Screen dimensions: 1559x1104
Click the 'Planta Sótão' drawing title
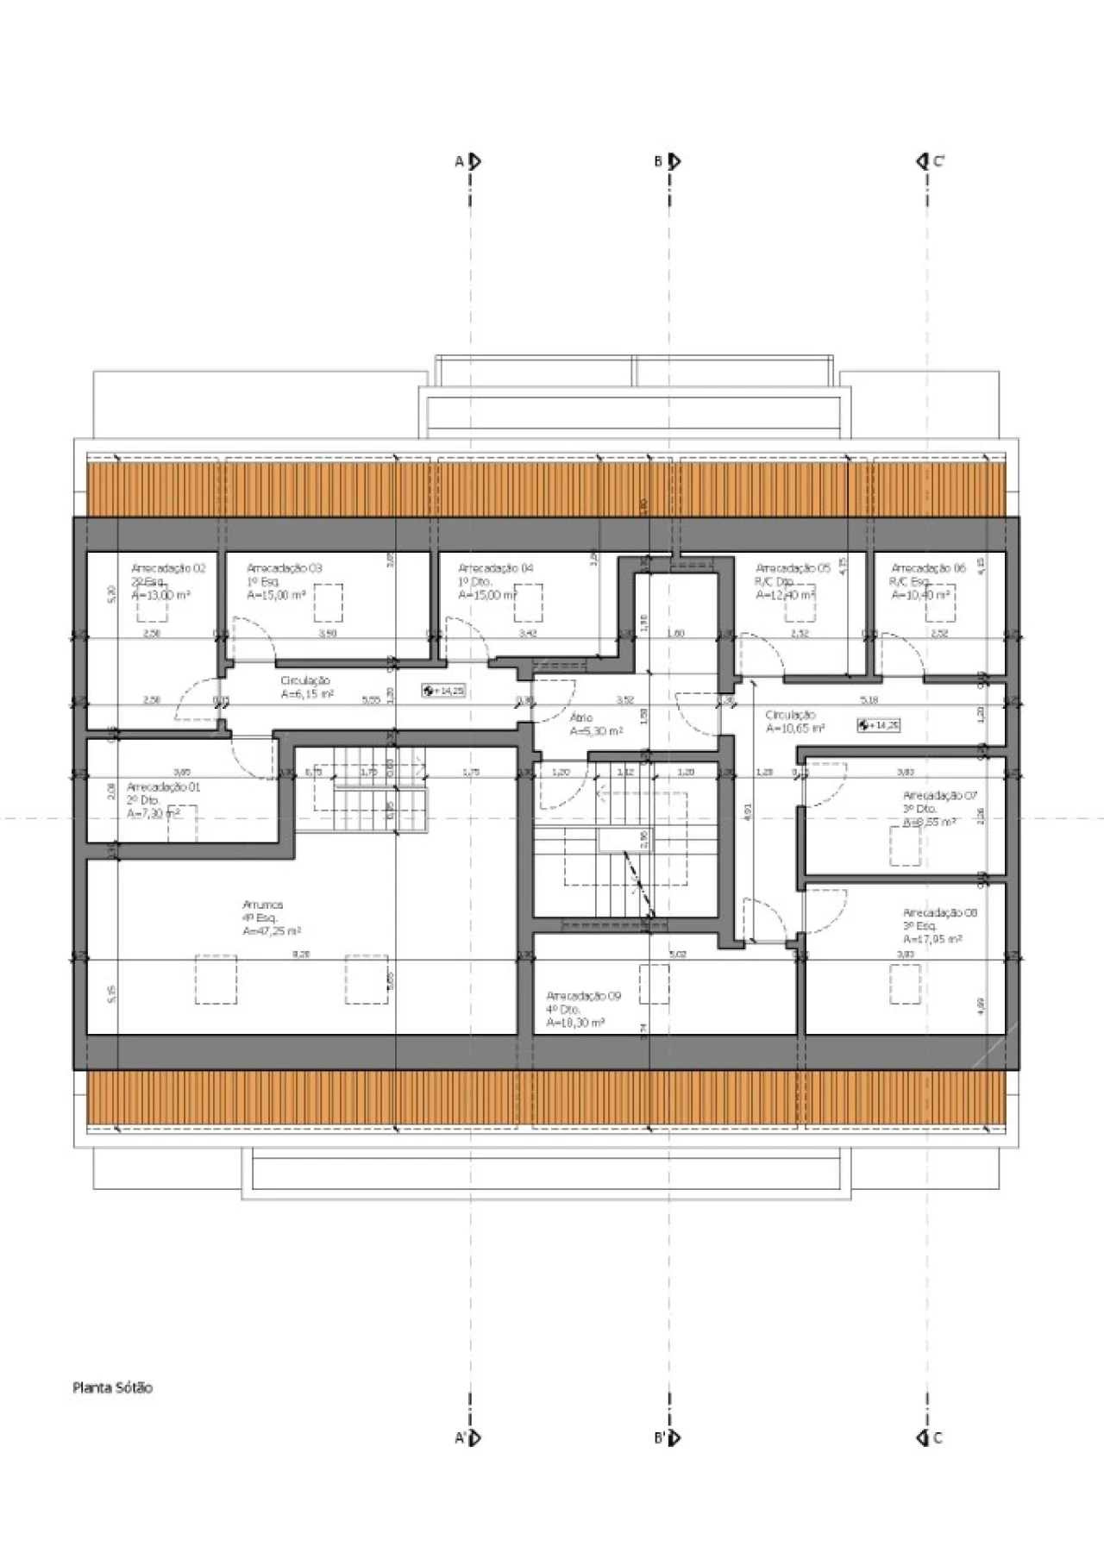coord(112,1387)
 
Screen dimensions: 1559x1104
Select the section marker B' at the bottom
coord(668,1437)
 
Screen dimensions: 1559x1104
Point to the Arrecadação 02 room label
coord(168,568)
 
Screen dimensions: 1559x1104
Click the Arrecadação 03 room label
coord(284,568)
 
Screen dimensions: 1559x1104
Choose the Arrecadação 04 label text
coord(495,568)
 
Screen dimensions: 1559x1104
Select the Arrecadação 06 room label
coord(928,568)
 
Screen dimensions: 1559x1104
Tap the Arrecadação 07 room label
coord(939,795)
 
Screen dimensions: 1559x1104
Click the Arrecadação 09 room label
coord(583,996)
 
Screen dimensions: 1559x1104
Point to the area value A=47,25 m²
coord(272,931)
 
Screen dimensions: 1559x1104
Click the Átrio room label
coord(581,717)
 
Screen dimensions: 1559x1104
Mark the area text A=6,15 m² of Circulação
coord(307,693)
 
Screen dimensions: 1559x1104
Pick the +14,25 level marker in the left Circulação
coord(443,691)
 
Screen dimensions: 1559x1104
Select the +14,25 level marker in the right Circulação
coord(878,725)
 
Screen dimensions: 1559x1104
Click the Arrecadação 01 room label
coord(163,787)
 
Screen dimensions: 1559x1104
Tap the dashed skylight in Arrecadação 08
coord(905,984)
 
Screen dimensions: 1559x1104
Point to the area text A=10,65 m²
coord(795,729)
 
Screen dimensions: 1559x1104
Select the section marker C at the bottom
coord(929,1437)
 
